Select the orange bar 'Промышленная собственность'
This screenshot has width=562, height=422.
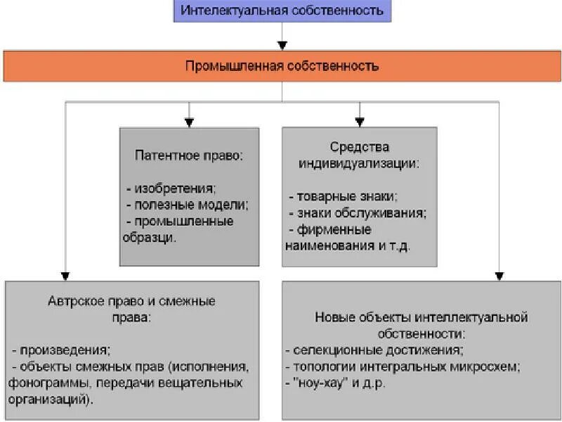[282, 66]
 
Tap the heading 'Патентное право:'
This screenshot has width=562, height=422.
[189, 155]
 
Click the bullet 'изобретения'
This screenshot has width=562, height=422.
[175, 188]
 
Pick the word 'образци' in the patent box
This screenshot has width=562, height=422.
[148, 237]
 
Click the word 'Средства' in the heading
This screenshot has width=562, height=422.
[359, 147]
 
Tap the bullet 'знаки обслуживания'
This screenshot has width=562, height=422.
[361, 213]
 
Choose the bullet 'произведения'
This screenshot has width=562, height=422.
[64, 350]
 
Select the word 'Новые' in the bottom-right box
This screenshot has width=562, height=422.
[330, 317]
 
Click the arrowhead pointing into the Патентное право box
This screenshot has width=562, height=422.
[189, 123]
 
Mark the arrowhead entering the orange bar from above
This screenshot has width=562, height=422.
[282, 46]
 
